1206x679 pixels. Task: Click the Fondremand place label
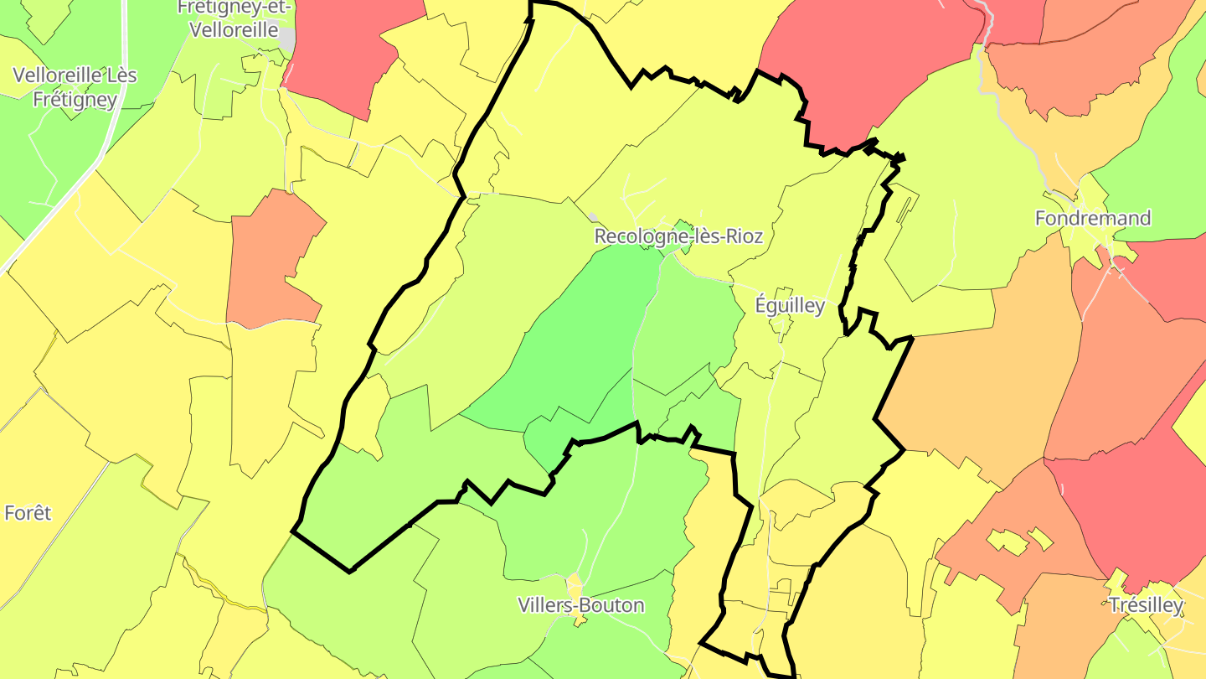[x=1093, y=218]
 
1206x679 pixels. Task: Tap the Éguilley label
[x=790, y=305]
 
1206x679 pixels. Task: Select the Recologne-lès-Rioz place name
[x=678, y=236]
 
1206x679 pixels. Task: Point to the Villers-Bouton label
[x=581, y=604]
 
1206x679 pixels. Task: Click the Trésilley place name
[x=1146, y=604]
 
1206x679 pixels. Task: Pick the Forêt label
[x=28, y=512]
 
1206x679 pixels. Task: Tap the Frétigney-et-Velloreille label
[x=234, y=18]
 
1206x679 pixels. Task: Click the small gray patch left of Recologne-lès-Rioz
[x=593, y=217]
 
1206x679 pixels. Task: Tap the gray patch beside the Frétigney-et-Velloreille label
[x=287, y=39]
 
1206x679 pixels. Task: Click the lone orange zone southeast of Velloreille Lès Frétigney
[x=272, y=260]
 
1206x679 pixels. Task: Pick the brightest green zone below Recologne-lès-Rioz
[x=578, y=335]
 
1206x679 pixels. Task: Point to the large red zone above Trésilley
[x=1122, y=511]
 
